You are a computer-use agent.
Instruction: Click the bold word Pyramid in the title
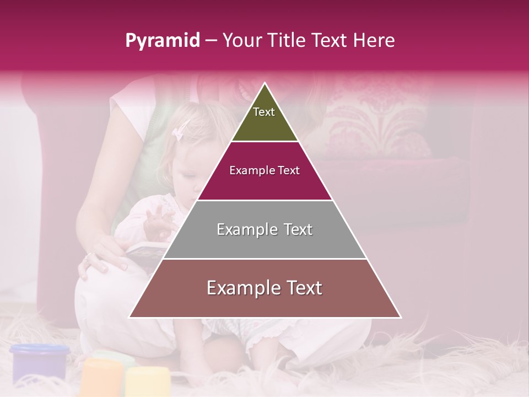coord(162,41)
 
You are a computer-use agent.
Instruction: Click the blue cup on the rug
coord(40,362)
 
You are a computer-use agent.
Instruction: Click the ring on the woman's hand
coord(87,256)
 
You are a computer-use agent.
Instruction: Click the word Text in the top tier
coord(263,112)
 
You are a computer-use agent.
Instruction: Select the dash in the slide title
coord(211,40)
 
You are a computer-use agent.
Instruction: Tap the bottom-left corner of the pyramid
coord(129,317)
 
